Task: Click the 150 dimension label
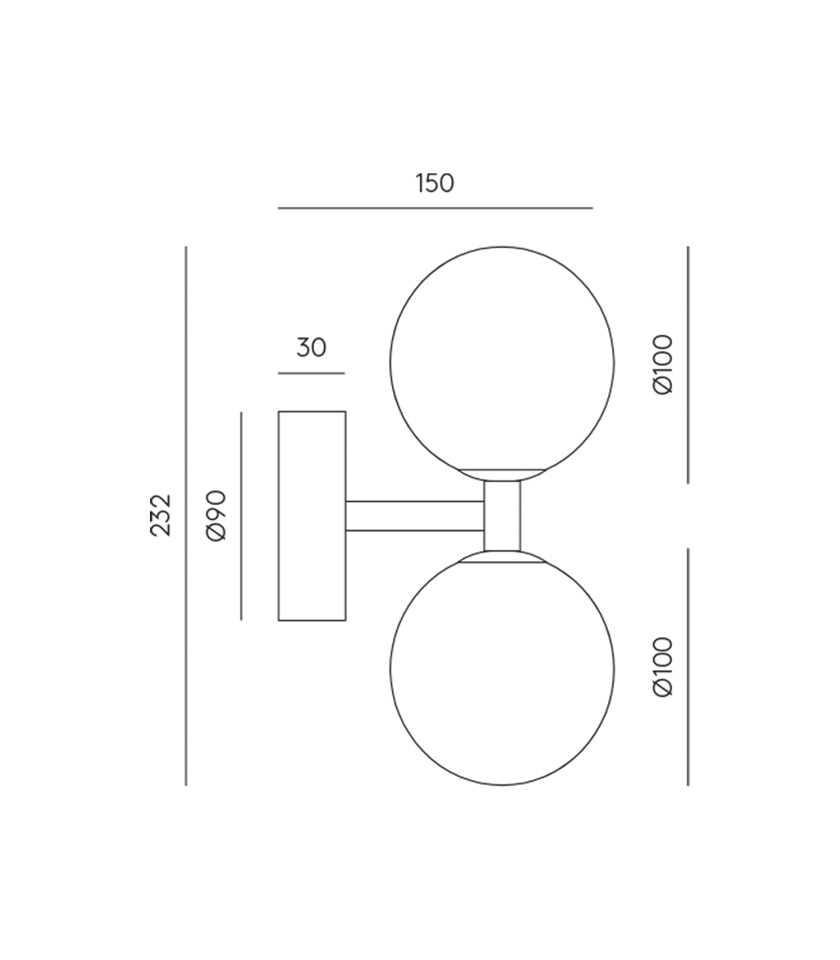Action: [x=434, y=184]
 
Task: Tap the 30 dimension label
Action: [x=311, y=348]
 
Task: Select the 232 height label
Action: [x=161, y=515]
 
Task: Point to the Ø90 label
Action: [x=216, y=516]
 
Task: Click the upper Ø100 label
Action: [x=663, y=364]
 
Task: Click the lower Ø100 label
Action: [x=663, y=667]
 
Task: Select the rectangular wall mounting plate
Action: [x=312, y=516]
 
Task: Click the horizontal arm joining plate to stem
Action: [x=414, y=516]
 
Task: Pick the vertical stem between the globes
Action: [x=502, y=516]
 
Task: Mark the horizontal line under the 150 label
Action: [x=435, y=208]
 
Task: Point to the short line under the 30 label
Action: [x=311, y=373]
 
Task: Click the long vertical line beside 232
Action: [x=186, y=516]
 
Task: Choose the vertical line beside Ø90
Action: [x=241, y=516]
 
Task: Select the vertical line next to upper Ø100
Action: [x=688, y=364]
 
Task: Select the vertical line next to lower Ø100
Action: [x=688, y=667]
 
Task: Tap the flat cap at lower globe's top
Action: [x=502, y=557]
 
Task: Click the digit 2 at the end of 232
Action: [x=161, y=501]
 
